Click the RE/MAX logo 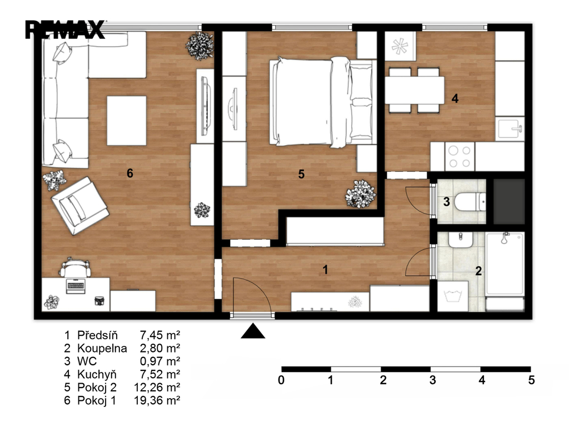pyautogui.click(x=65, y=29)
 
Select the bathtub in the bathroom pyautogui.click(x=505, y=264)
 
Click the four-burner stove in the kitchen pyautogui.click(x=460, y=156)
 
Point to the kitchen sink pyautogui.click(x=510, y=128)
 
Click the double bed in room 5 pyautogui.click(x=322, y=102)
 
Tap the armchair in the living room pyautogui.click(x=80, y=206)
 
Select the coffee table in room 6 pyautogui.click(x=127, y=121)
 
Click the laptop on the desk pyautogui.click(x=76, y=286)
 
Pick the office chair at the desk pyautogui.click(x=75, y=267)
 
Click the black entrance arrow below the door pyautogui.click(x=253, y=331)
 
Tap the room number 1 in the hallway pyautogui.click(x=326, y=270)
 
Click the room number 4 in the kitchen pyautogui.click(x=455, y=98)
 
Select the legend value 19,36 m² pyautogui.click(x=157, y=400)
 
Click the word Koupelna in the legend pyautogui.click(x=102, y=348)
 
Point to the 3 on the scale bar pyautogui.click(x=432, y=380)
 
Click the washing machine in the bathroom pyautogui.click(x=453, y=296)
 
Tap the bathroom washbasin pyautogui.click(x=461, y=240)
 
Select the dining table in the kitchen pyautogui.click(x=415, y=91)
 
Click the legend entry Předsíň pyautogui.click(x=98, y=335)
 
